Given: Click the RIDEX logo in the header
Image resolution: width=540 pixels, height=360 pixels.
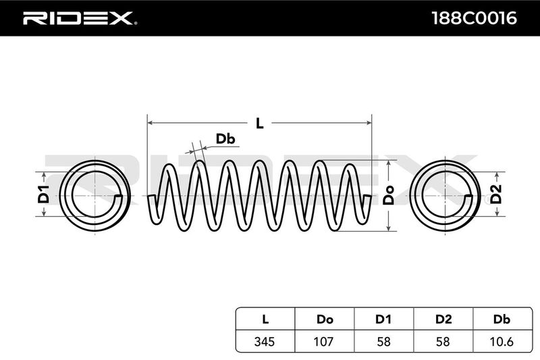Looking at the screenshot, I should point(80,18).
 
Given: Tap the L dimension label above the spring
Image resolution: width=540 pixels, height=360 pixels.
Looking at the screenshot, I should point(259,123).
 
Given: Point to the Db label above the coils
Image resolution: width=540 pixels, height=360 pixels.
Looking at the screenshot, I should point(225,139).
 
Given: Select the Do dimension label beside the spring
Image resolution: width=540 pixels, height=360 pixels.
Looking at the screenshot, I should point(389,197).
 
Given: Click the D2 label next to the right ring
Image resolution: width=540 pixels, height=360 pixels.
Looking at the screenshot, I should point(497,196).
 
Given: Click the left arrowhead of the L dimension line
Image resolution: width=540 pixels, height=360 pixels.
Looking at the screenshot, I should point(150,123).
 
